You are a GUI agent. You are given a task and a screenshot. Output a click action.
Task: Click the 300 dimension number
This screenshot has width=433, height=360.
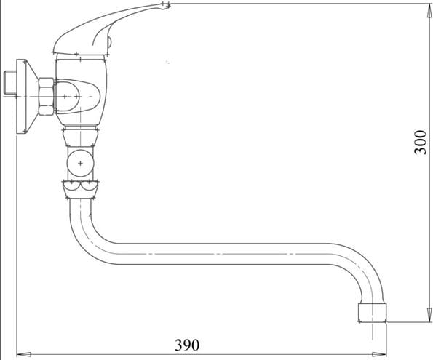point(421,142)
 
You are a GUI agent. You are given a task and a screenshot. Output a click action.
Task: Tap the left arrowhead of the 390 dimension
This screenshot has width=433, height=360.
point(24,354)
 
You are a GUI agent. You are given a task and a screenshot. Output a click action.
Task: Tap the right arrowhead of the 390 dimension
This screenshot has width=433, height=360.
point(379,354)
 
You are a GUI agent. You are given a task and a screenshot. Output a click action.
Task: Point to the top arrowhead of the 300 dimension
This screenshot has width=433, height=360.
point(429,11)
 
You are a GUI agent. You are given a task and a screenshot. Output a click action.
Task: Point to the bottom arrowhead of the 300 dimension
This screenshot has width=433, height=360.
point(429,315)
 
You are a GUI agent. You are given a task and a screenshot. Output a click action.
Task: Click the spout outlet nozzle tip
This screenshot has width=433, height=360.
point(373,313)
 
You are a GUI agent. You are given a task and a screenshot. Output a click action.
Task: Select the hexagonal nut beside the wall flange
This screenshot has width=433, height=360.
point(46,96)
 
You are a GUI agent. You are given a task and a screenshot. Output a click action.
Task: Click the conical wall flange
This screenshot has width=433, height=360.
point(27,96)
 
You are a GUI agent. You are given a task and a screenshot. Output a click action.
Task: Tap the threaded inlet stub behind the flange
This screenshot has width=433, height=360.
point(10,82)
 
